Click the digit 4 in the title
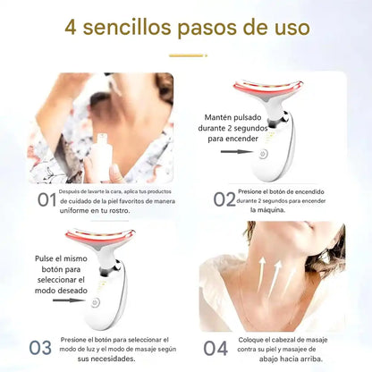click(71, 28)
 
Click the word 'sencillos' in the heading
click(127, 27)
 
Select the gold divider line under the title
click(188, 55)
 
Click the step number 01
click(47, 199)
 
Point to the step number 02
click(224, 199)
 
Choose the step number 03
click(40, 348)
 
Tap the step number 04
click(216, 348)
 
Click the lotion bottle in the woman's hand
click(102, 156)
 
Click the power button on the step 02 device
click(263, 154)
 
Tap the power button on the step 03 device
click(96, 302)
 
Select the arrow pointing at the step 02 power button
click(237, 151)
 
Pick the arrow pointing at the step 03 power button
click(69, 300)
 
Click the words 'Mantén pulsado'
click(232, 117)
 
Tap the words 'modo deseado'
click(61, 291)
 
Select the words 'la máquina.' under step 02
click(268, 210)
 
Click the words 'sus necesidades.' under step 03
click(106, 359)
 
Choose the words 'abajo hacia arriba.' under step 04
click(291, 359)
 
